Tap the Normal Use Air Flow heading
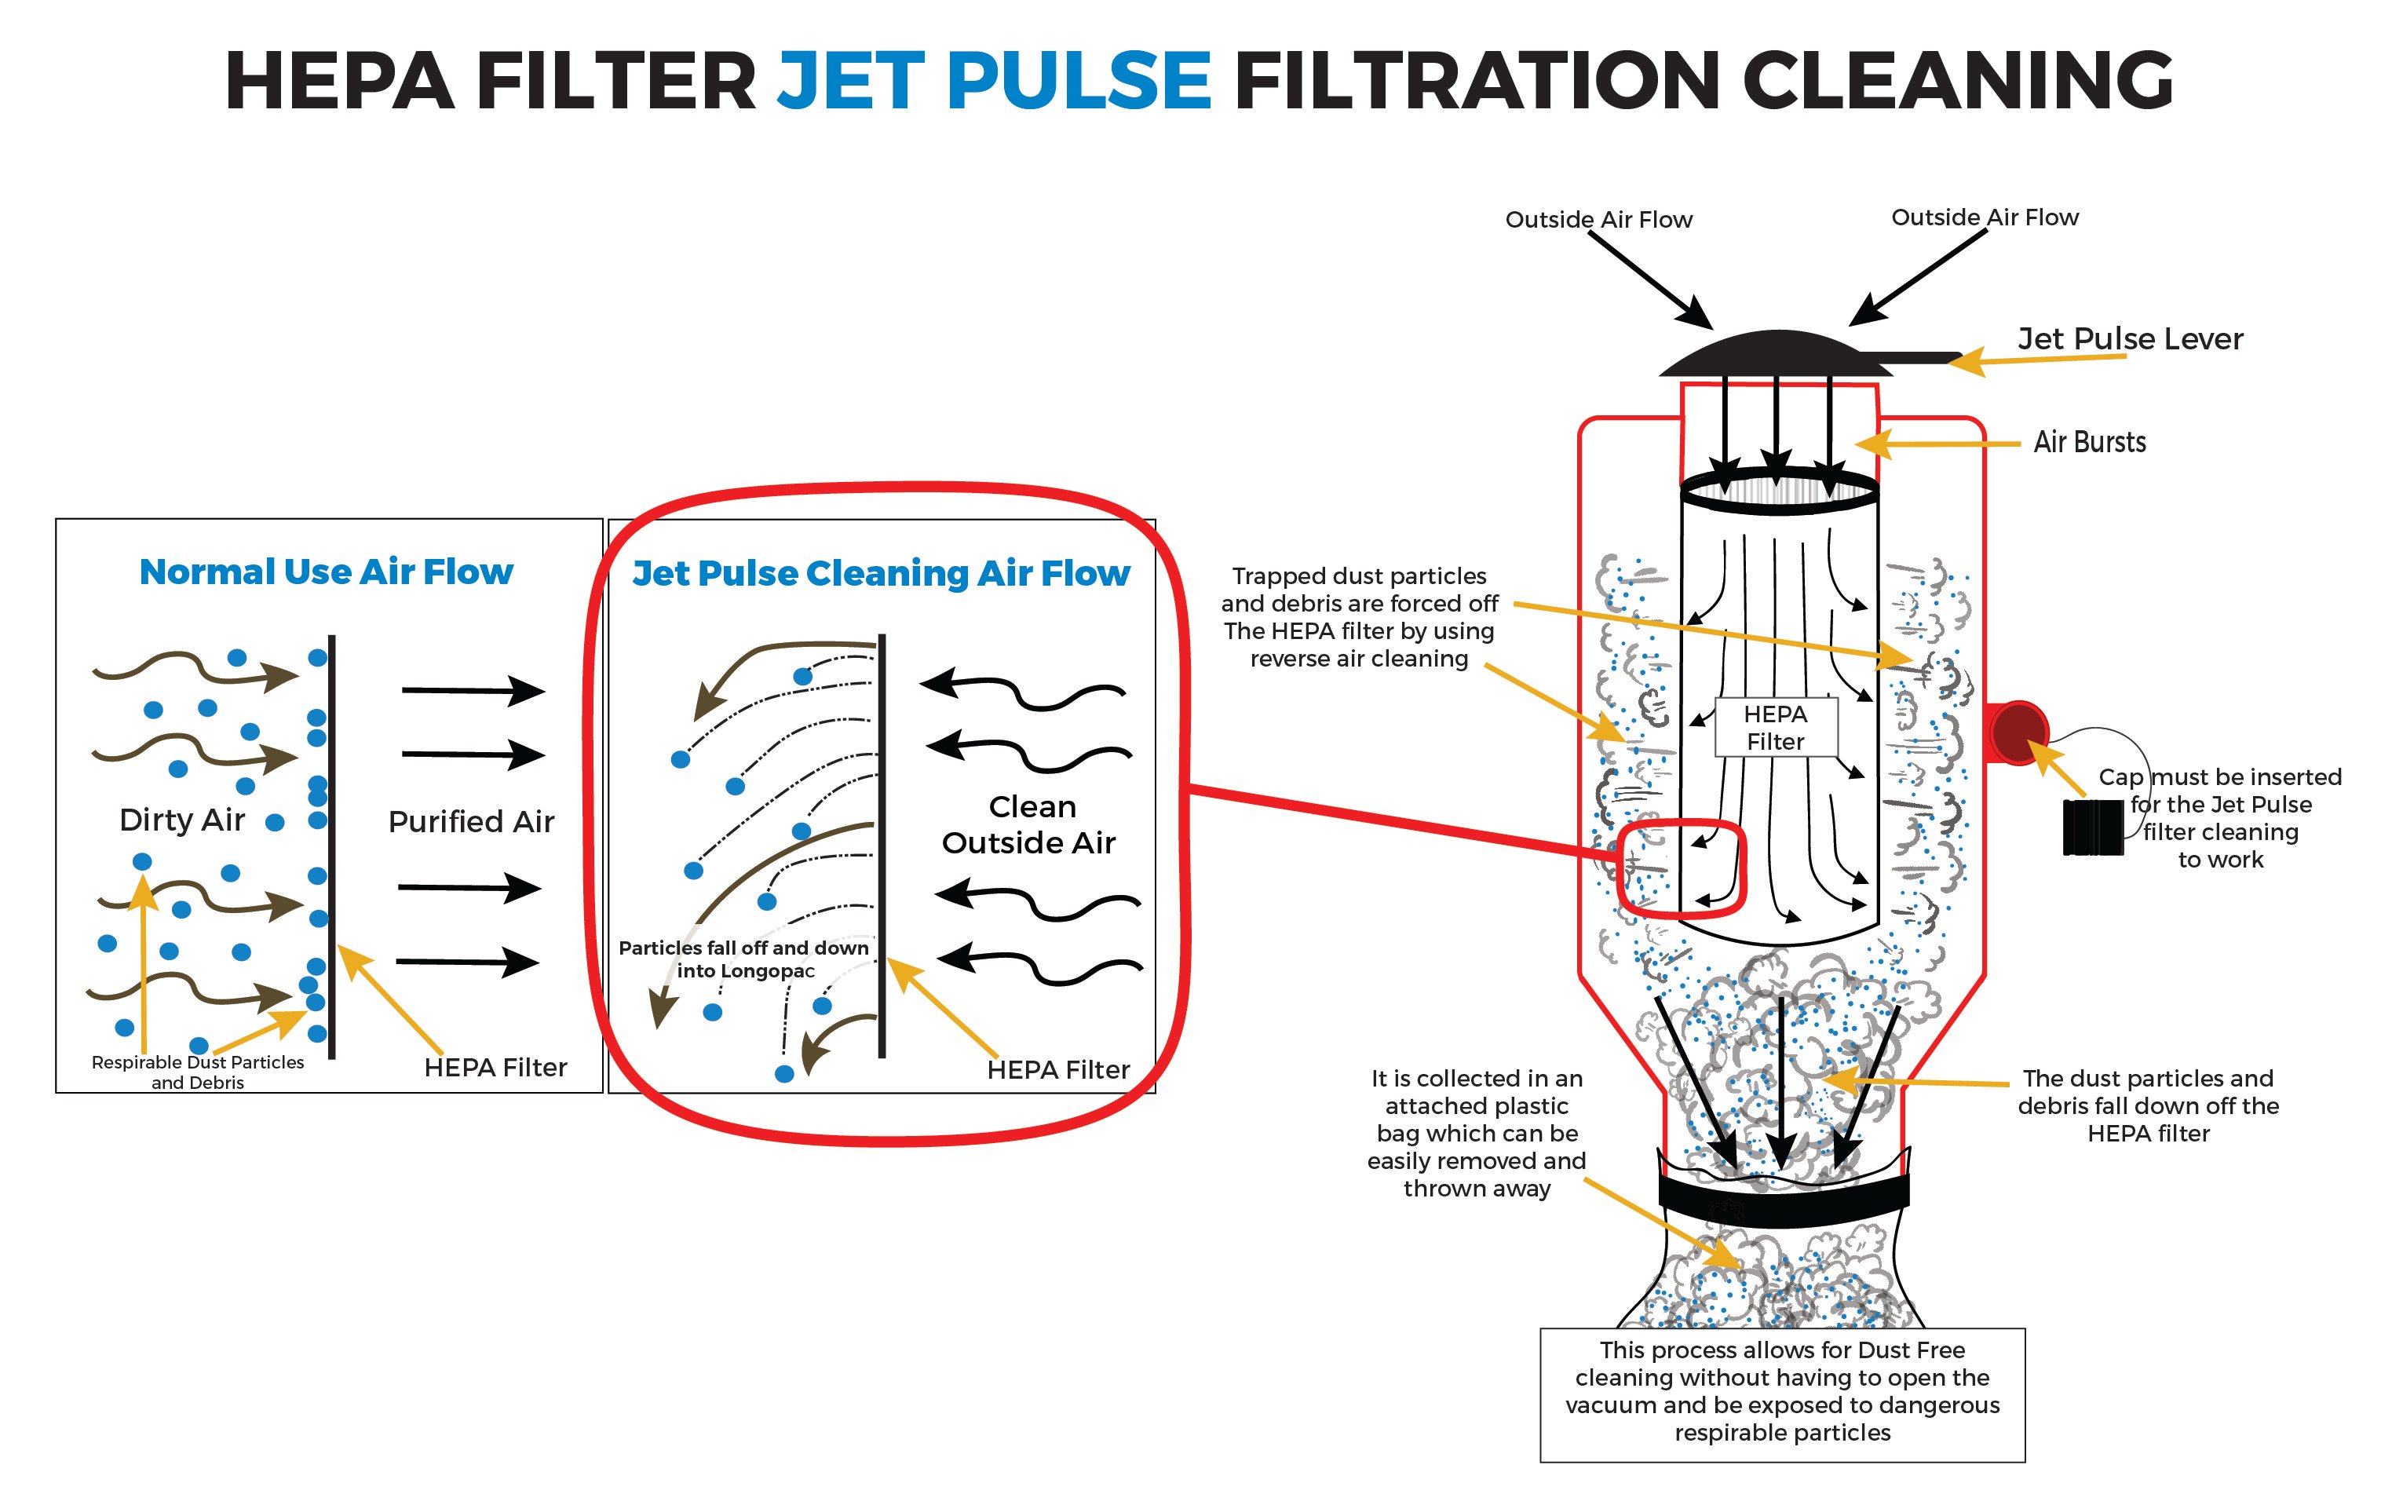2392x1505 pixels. tap(326, 572)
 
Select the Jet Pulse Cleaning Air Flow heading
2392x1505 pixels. tap(881, 573)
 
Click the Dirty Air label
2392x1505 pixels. tap(182, 820)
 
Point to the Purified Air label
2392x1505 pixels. tap(471, 821)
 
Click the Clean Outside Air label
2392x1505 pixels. tap(1029, 824)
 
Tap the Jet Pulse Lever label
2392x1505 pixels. tap(2130, 338)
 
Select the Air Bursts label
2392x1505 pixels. tap(2090, 442)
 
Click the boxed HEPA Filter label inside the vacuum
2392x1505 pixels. tap(1776, 727)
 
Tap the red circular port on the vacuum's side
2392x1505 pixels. tap(2018, 733)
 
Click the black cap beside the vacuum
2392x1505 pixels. tap(2092, 827)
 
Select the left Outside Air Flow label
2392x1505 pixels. tap(1598, 220)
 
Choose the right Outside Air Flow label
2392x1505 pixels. tap(1985, 217)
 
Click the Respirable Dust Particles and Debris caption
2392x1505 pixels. tap(198, 1072)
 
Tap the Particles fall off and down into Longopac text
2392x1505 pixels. tap(744, 959)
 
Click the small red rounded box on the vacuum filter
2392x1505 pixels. tap(1681, 868)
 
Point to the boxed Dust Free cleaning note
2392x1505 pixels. tap(1782, 1395)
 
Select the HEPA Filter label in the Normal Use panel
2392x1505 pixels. tap(495, 1068)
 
